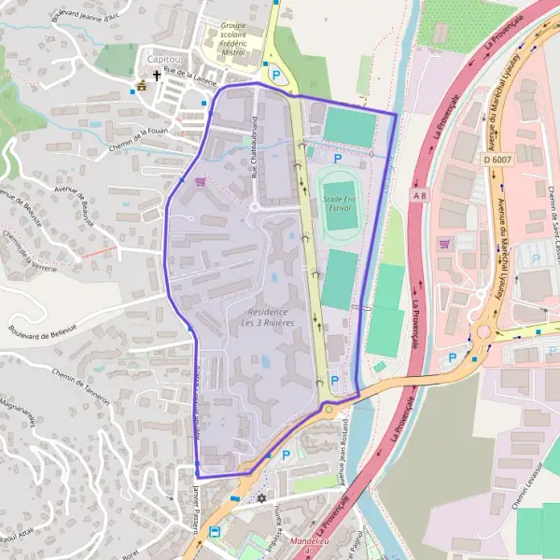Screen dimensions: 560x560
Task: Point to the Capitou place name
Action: click(x=163, y=58)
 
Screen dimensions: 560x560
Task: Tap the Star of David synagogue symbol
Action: click(x=261, y=499)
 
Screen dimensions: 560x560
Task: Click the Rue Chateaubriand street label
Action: click(x=254, y=147)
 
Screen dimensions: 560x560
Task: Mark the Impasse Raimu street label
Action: click(x=274, y=533)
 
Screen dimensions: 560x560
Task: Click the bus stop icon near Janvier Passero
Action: click(x=216, y=532)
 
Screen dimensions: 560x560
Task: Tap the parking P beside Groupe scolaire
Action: click(x=275, y=74)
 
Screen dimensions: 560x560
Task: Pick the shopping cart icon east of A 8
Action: click(x=444, y=243)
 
